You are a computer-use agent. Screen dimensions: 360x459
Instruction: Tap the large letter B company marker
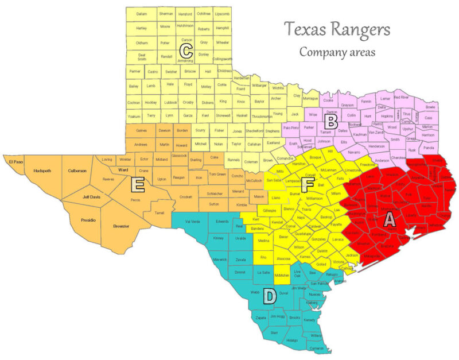tap(330, 122)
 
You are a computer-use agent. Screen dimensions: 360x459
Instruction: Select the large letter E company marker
tap(137, 184)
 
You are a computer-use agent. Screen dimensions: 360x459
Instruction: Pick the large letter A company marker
tap(388, 220)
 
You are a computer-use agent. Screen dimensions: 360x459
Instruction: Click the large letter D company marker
tap(269, 296)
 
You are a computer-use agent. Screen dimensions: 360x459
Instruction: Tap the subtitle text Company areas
tap(337, 52)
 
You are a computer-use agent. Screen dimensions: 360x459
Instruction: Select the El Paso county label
tap(15, 161)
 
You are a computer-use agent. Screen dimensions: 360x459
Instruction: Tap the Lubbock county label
tap(170, 102)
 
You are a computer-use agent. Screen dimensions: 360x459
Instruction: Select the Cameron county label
tap(317, 348)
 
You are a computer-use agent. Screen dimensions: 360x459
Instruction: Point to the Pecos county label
tap(135, 200)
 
